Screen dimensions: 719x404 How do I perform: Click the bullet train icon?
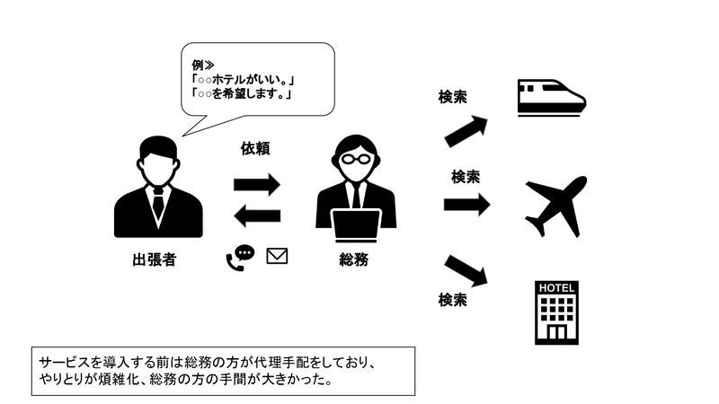552,98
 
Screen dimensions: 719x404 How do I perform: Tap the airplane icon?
556,206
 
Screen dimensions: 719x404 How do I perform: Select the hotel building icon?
556,312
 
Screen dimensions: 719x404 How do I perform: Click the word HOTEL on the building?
556,288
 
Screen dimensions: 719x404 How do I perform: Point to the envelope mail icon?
277,256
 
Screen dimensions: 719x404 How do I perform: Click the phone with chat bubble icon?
240,258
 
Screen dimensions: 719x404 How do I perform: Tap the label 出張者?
155,259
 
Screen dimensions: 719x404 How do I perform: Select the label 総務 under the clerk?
354,259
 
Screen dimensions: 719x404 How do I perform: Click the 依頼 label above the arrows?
255,148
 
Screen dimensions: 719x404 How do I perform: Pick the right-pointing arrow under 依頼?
257,185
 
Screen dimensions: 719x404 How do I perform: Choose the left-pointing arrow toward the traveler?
257,215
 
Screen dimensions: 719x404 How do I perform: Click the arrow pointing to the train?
466,131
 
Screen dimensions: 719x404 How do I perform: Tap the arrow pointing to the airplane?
466,205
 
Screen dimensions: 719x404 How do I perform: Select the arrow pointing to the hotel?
466,271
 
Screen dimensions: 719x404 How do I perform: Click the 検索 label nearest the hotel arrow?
453,300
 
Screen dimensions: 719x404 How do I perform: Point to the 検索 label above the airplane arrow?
466,177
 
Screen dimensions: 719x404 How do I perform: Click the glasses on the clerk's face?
356,159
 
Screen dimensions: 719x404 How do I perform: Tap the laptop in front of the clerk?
356,225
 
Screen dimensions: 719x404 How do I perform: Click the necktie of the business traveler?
158,203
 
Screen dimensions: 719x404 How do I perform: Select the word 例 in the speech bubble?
198,65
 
